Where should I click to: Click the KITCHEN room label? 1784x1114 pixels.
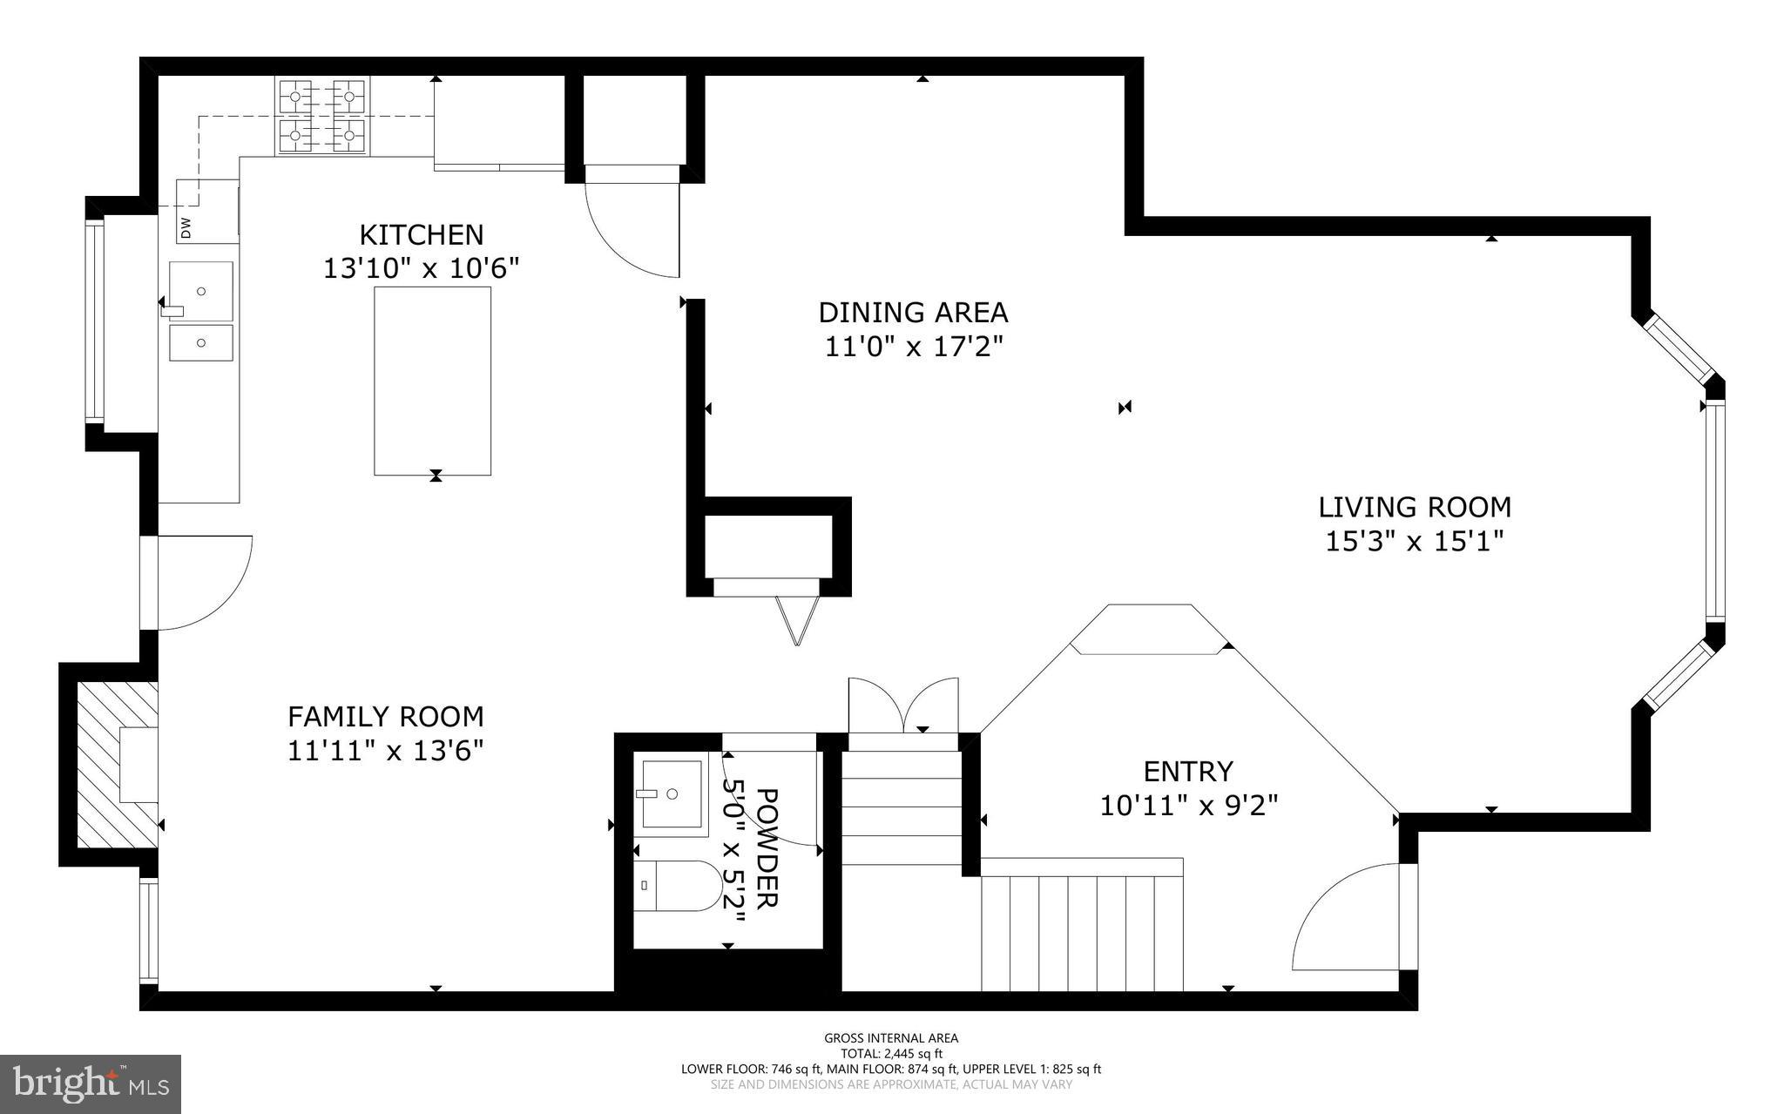421,235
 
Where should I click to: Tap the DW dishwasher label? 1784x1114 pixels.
186,228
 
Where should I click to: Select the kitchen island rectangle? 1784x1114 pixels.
432,381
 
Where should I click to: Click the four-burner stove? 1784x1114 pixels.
322,117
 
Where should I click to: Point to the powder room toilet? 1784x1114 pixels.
678,886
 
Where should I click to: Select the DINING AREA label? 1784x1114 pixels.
913,312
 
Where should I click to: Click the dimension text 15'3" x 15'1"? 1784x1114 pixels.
1414,542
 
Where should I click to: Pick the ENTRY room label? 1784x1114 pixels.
1188,772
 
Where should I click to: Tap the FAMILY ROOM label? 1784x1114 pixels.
385,717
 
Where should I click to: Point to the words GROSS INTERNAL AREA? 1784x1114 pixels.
891,1037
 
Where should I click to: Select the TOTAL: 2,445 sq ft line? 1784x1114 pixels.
891,1053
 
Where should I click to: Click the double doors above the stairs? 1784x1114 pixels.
903,706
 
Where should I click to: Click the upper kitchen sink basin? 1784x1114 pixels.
201,291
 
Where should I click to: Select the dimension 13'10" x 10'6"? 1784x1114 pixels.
421,268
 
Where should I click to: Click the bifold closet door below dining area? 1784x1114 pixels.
797,619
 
